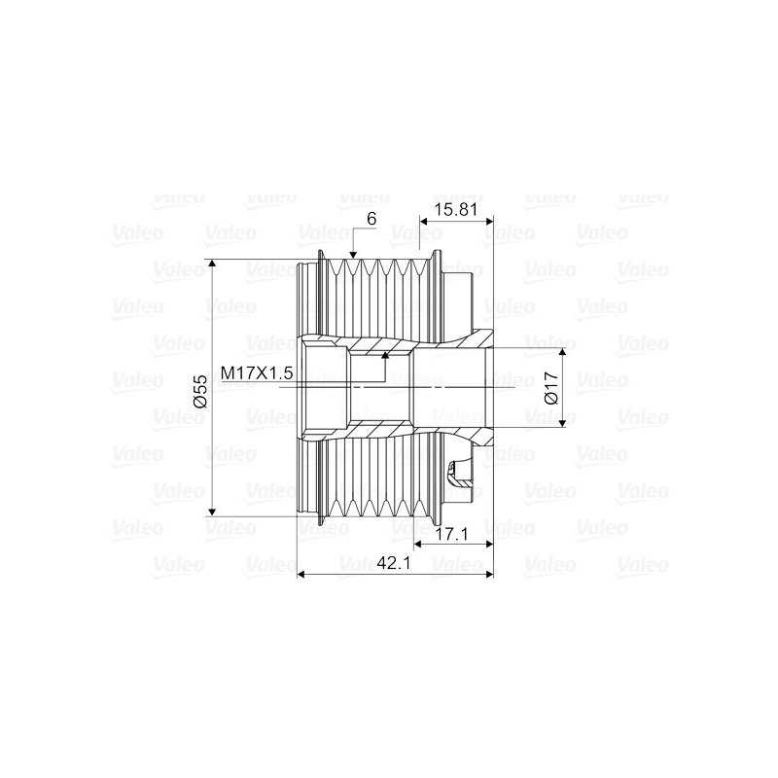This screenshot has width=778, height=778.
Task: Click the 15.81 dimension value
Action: pos(455,209)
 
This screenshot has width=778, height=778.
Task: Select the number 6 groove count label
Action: pos(371,218)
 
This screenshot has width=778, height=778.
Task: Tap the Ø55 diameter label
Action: pos(199,392)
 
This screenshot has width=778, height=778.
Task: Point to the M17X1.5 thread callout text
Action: pos(257,372)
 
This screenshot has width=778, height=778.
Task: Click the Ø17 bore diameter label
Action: pos(551,387)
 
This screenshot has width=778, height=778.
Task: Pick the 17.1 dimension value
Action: pos(453,534)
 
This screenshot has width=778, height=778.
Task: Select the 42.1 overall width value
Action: pos(394,563)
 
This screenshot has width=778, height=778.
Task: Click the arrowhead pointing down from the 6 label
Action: pos(353,255)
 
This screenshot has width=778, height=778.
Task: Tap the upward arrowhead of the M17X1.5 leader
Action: pos(385,355)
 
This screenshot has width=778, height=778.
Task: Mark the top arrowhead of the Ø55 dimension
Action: pos(212,264)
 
